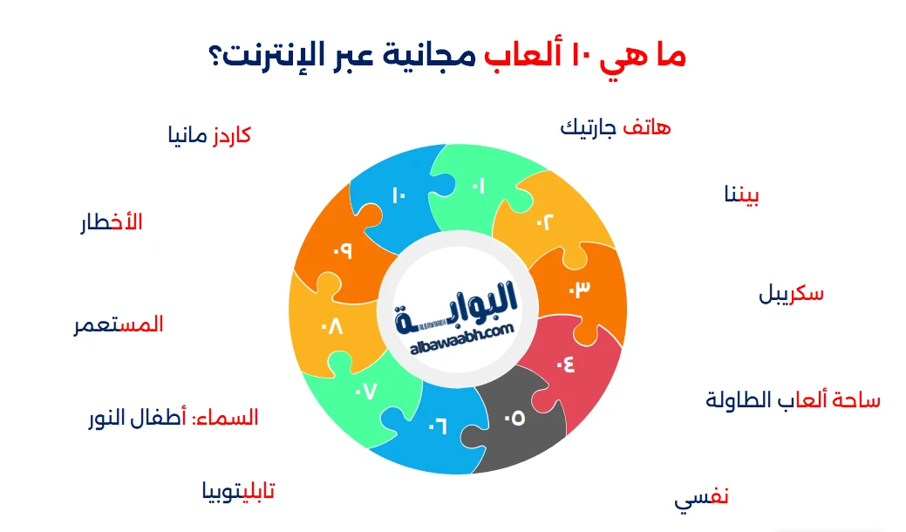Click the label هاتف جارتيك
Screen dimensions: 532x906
click(615, 128)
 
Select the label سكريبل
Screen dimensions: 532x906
click(791, 294)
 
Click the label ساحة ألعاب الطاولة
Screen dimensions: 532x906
click(793, 400)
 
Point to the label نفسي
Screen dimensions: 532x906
click(701, 499)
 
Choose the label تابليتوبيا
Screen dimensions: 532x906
click(238, 492)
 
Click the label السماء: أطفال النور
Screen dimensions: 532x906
click(174, 418)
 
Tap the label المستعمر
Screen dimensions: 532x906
click(119, 324)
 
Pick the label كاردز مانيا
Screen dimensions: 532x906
click(209, 136)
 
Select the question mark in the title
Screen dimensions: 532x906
click(216, 58)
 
